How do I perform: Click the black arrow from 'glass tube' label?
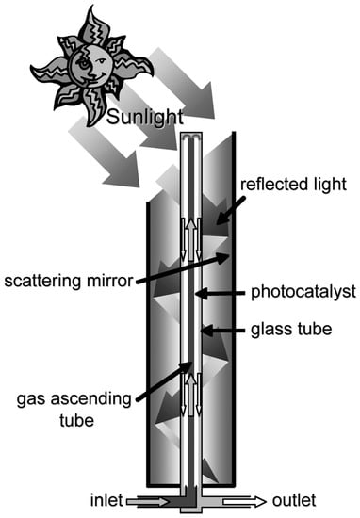[226, 332]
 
